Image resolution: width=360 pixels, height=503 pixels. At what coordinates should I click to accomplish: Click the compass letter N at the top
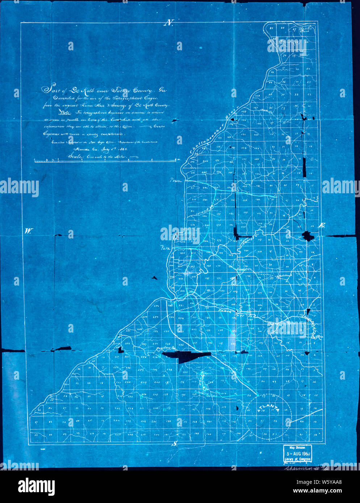(169, 23)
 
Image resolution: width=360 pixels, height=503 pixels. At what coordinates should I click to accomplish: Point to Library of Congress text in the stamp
(297, 459)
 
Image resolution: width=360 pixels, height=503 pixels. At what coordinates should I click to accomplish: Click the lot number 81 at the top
(271, 27)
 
